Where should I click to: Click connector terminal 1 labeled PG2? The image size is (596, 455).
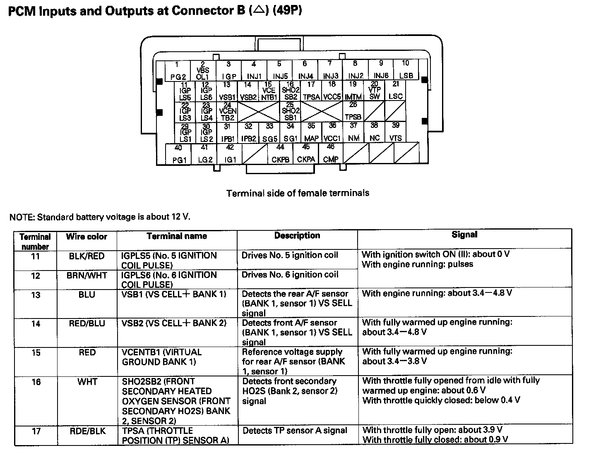pos(178,70)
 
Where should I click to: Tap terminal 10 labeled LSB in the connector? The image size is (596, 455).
pos(406,70)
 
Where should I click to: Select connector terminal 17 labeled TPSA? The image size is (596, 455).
pos(311,91)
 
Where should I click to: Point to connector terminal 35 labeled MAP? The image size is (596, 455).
pos(311,132)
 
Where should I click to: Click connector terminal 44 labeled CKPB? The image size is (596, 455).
pos(280,154)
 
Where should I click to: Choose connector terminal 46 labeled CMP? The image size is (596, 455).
pos(331,154)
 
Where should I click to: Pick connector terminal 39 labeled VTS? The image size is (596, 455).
pos(396,132)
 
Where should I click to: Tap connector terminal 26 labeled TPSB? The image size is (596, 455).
pos(353,111)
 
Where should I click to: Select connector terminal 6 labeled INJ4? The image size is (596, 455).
pos(305,70)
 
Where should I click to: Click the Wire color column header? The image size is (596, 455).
pos(87,237)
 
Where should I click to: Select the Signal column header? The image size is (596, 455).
pos(464,235)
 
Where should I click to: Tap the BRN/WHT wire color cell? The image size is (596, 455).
pos(87,275)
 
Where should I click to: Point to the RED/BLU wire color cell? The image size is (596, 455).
pos(87,323)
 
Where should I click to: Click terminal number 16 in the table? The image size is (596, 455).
pos(36,382)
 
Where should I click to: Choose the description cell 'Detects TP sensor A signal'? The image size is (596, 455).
pos(295,431)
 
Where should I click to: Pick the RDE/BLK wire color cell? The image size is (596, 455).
pos(87,431)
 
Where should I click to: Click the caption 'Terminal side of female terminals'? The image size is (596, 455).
pos(298,193)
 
